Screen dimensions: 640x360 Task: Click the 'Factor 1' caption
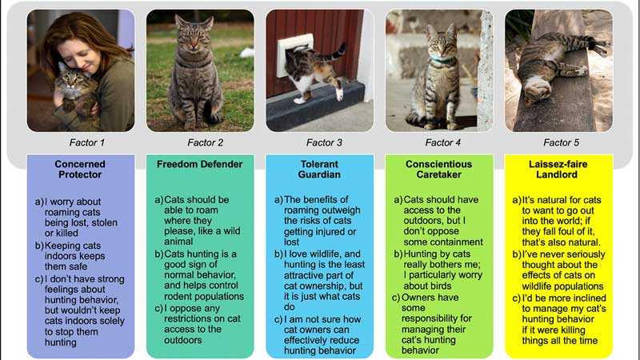pyautogui.click(x=87, y=142)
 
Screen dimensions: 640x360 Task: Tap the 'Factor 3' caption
pyautogui.click(x=324, y=142)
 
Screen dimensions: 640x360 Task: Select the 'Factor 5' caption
pyautogui.click(x=562, y=142)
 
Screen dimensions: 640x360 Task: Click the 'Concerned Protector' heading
pyautogui.click(x=80, y=169)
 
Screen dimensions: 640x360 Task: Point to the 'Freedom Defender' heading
pyautogui.click(x=199, y=164)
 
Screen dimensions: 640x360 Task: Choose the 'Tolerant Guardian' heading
pyautogui.click(x=319, y=169)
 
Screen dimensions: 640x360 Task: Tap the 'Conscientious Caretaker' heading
pyautogui.click(x=438, y=169)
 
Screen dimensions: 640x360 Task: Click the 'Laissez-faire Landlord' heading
pyautogui.click(x=558, y=169)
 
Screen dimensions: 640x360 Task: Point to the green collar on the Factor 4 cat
pyautogui.click(x=442, y=62)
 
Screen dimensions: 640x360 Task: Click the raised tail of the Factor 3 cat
pyautogui.click(x=337, y=53)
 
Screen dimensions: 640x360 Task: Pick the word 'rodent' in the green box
pyautogui.click(x=177, y=296)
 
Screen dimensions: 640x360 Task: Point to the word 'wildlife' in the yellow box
pyautogui.click(x=538, y=286)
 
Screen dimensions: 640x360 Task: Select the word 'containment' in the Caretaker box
pyautogui.click(x=458, y=242)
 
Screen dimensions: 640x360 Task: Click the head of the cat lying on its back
pyautogui.click(x=534, y=93)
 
